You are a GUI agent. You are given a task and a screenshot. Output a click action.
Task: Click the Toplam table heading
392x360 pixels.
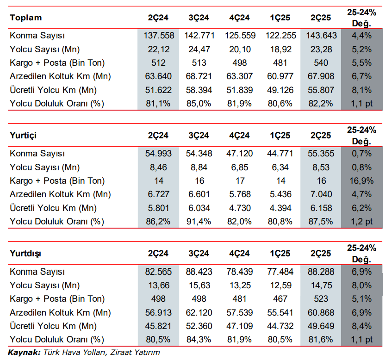tap(26, 18)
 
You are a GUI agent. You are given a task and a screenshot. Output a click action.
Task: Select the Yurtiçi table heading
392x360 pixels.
tap(23, 136)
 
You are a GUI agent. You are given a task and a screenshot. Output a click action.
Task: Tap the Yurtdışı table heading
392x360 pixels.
tap(25, 254)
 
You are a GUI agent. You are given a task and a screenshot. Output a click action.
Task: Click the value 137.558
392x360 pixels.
tap(159, 36)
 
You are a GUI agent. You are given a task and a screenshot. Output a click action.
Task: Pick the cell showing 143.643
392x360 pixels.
tap(322, 36)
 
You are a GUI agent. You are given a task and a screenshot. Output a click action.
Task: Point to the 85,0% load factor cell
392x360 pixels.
tap(199, 104)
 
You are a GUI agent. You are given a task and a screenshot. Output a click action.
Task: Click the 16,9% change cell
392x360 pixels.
tap(361, 181)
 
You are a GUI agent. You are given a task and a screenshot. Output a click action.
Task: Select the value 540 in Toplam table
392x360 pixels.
tap(321, 63)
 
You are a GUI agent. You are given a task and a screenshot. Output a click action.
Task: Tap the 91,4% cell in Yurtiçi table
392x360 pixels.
tap(199, 222)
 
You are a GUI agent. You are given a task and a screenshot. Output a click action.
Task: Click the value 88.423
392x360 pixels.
tap(199, 272)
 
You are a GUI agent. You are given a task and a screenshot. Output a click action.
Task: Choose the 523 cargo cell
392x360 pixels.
tap(321, 299)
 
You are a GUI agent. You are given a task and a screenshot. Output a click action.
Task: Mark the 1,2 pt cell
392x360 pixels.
tap(361, 222)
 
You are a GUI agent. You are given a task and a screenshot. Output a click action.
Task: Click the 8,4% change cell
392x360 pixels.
tap(361, 326)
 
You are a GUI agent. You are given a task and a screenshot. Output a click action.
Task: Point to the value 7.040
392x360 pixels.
tap(321, 194)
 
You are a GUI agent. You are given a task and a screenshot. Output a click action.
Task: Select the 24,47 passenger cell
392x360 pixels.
tap(199, 49)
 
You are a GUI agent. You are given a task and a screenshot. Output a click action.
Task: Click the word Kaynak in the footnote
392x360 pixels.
tap(24, 353)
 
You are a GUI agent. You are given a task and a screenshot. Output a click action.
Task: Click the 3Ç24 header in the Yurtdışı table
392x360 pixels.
tap(199, 254)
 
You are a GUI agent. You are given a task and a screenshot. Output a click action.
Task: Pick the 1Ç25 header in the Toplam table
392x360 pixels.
tap(280, 18)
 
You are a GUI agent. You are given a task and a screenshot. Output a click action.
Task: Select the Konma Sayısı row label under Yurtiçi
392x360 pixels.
tap(37, 154)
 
